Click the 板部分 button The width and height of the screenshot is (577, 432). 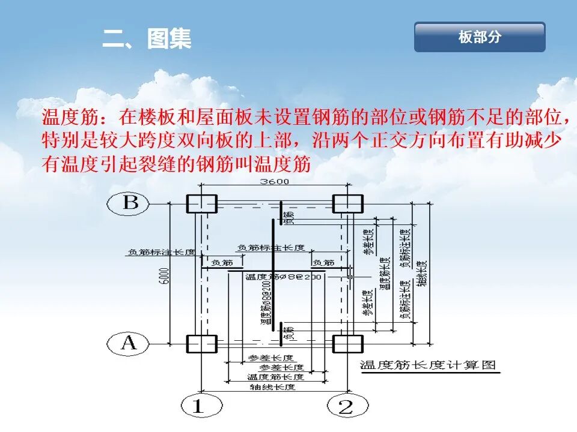(480, 37)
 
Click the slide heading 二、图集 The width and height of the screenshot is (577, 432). (147, 40)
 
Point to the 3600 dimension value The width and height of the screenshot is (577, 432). (274, 182)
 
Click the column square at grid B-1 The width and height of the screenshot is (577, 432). (201, 204)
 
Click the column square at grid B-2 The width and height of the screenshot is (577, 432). (348, 204)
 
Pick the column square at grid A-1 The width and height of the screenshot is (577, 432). (201, 344)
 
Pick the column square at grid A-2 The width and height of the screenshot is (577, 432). (348, 344)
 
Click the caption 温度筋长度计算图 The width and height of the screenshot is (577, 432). (427, 365)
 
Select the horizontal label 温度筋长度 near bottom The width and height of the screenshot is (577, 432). (275, 377)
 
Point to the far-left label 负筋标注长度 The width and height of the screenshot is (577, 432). (161, 253)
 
